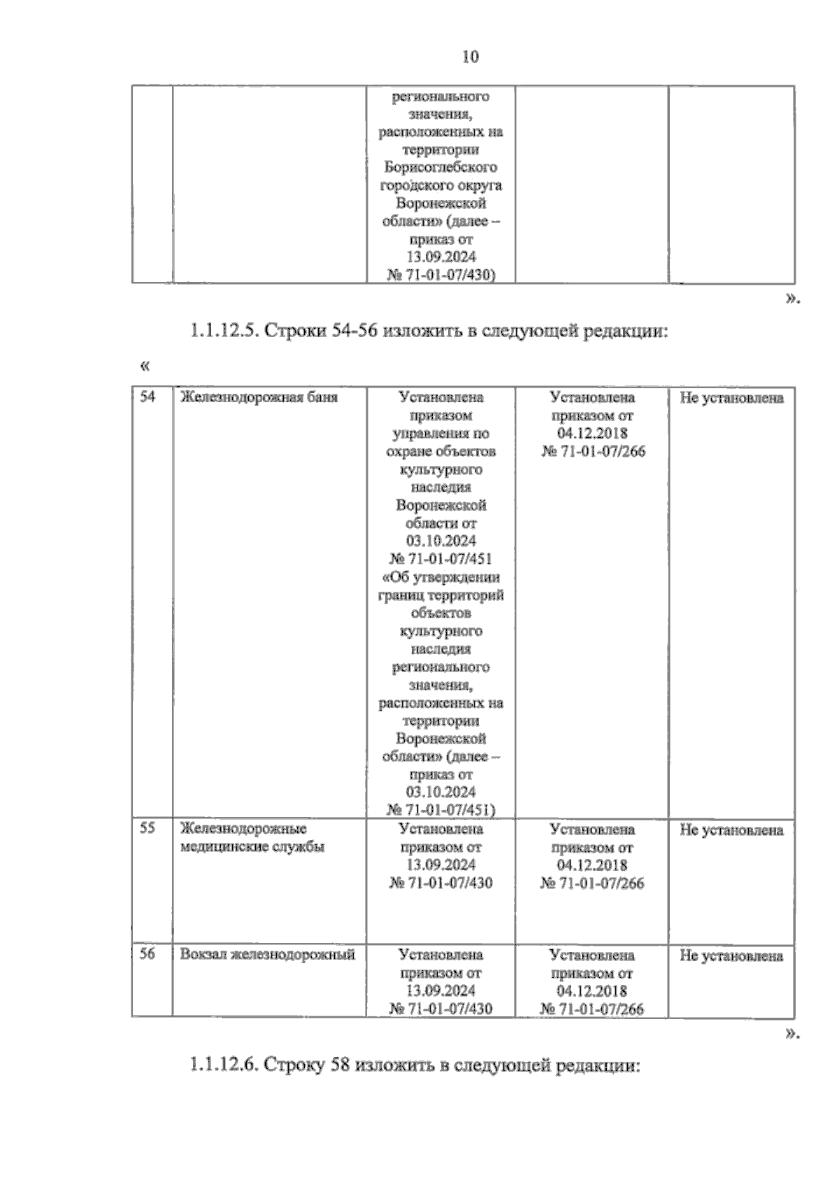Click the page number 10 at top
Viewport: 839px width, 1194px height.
(x=470, y=57)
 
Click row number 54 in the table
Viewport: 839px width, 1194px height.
(x=148, y=397)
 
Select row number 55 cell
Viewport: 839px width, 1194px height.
(x=148, y=828)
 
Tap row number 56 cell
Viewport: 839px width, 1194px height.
(x=148, y=953)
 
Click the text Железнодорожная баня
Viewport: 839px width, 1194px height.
(x=259, y=397)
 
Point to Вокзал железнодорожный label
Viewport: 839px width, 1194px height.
(x=268, y=954)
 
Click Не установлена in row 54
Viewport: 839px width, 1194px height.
(x=731, y=398)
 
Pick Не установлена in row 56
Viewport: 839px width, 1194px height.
(x=731, y=955)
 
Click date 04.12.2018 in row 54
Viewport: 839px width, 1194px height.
(x=592, y=433)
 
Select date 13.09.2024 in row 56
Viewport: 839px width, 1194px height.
(x=440, y=990)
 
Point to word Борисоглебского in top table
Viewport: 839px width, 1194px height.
(x=440, y=168)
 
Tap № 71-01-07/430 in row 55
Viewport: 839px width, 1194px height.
(x=440, y=883)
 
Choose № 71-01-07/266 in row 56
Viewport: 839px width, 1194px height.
(x=592, y=1009)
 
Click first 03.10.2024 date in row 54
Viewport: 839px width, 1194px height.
(x=440, y=541)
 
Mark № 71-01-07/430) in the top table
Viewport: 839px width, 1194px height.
(x=440, y=276)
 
